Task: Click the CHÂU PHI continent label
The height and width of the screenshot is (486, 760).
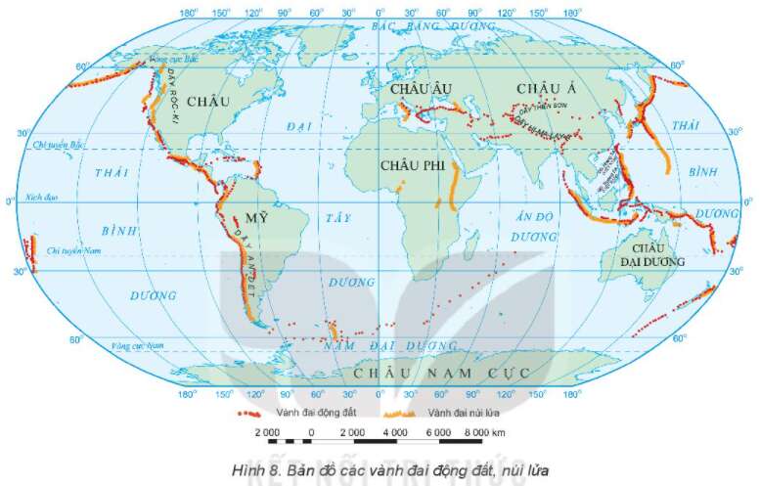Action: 412,167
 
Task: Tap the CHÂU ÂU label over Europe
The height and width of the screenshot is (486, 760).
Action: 417,89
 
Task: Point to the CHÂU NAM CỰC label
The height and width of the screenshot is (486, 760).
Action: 441,374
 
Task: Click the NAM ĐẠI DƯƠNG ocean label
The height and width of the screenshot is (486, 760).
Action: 391,346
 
